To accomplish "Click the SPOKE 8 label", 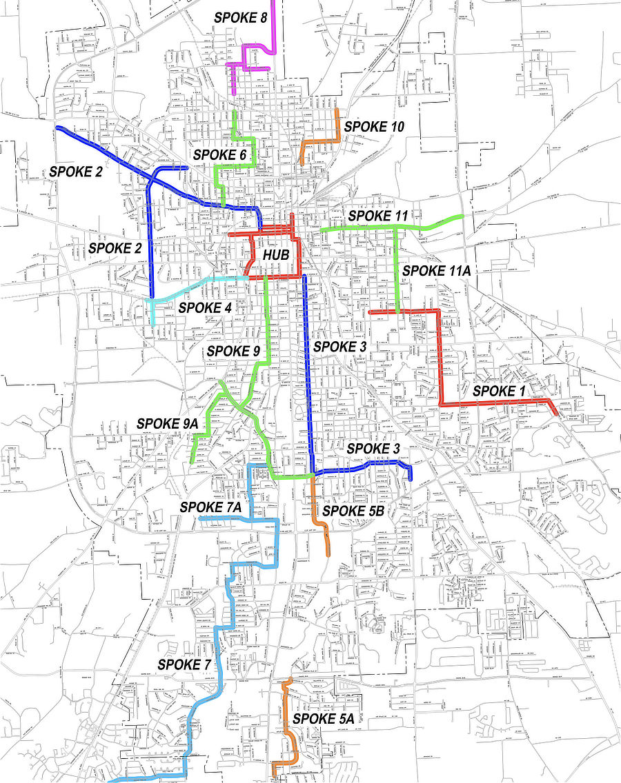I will click(x=239, y=18).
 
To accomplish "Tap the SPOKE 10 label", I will click(x=373, y=127).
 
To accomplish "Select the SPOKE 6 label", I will click(x=219, y=155).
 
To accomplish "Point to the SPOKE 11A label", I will click(x=436, y=271).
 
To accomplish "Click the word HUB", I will click(x=274, y=256).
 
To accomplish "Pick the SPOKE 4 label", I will click(x=204, y=307).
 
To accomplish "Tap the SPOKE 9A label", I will click(x=168, y=423).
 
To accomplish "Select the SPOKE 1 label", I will click(x=499, y=391).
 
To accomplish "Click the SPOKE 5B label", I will click(x=353, y=511).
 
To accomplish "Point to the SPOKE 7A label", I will click(x=210, y=507).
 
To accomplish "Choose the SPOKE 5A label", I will click(x=323, y=718).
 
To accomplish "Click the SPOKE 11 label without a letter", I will click(x=378, y=216).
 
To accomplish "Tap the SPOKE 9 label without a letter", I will click(x=233, y=352).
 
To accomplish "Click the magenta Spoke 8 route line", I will click(x=275, y=28).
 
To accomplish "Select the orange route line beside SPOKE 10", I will click(x=337, y=124).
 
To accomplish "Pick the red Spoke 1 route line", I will click(x=440, y=358).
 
